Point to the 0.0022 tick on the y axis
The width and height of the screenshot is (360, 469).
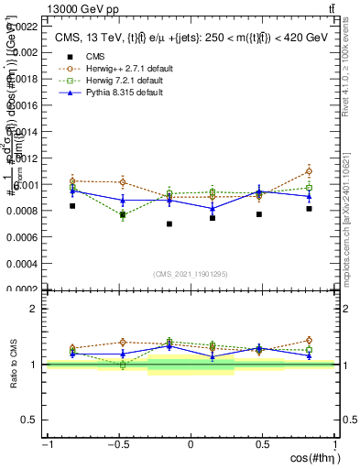(24, 26)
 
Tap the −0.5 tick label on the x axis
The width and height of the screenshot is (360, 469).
(118, 444)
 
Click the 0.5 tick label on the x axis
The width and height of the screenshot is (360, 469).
(262, 444)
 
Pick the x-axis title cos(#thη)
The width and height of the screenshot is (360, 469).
(311, 458)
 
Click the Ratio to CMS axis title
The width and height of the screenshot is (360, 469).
(12, 364)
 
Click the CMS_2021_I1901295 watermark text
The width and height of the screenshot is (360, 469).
(191, 275)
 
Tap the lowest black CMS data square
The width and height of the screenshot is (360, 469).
(169, 224)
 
